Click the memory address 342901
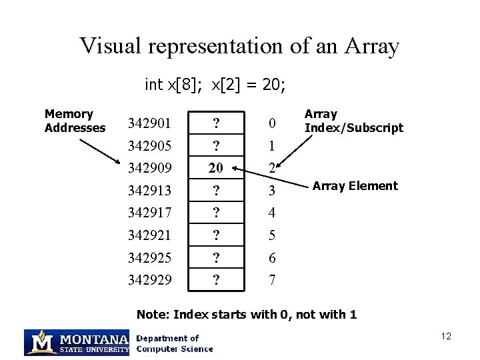tap(149, 123)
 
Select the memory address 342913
tap(149, 191)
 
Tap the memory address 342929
tap(150, 280)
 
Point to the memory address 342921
tap(149, 235)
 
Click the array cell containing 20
tap(216, 167)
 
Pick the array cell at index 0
tap(216, 123)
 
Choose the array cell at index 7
tap(216, 279)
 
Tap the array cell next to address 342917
tap(216, 213)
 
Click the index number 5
tap(272, 235)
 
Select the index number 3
tap(272, 191)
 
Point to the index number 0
tap(272, 123)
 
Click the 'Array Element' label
tap(355, 186)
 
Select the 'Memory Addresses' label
tap(75, 121)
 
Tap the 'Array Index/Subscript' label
tap(354, 121)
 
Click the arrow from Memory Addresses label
tap(100, 151)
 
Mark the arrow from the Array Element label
tap(270, 177)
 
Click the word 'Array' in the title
tap(371, 46)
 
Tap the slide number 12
tap(446, 336)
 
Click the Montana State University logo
tap(77, 343)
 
